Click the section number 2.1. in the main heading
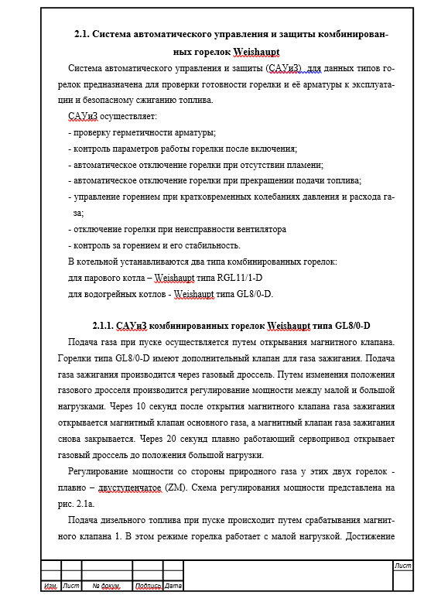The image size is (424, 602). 83,35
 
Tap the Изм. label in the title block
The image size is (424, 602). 51,586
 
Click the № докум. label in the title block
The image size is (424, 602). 106,586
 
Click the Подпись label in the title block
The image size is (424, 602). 148,586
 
